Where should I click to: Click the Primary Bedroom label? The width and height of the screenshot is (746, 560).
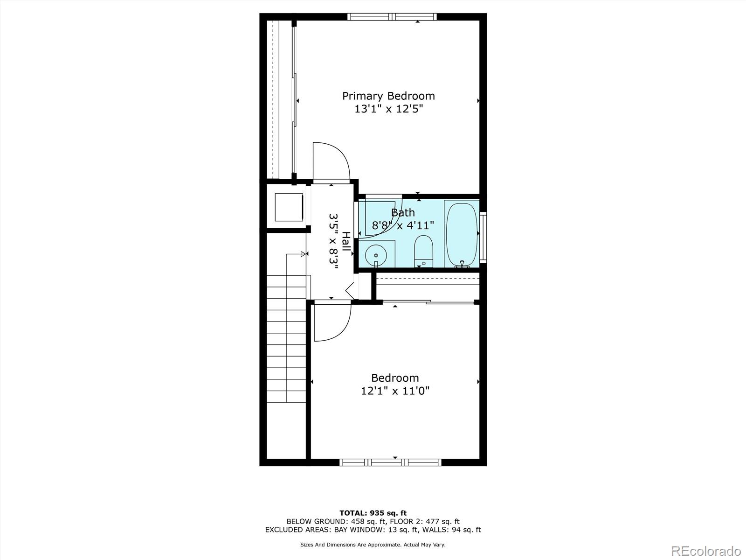(x=388, y=96)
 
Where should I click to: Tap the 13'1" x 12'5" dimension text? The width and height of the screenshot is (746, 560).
(x=388, y=109)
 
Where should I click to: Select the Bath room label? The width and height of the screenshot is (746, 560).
(x=403, y=213)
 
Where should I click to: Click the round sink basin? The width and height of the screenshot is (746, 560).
(x=376, y=255)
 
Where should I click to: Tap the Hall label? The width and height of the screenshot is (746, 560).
(x=346, y=242)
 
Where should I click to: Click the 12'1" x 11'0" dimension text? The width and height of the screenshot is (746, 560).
(x=395, y=391)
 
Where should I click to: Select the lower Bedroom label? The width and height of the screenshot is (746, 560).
(x=395, y=378)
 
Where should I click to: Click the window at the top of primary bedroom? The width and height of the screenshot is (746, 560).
(x=392, y=17)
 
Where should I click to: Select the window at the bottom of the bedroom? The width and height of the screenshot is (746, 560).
(x=390, y=462)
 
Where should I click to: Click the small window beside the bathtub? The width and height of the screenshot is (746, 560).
(x=483, y=237)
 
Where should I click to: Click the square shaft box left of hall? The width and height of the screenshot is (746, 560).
(x=289, y=207)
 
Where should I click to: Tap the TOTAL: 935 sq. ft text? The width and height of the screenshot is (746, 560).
(x=373, y=513)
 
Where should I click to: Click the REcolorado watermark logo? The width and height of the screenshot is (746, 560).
(x=706, y=551)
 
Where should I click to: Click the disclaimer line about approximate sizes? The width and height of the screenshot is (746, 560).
(x=373, y=545)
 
